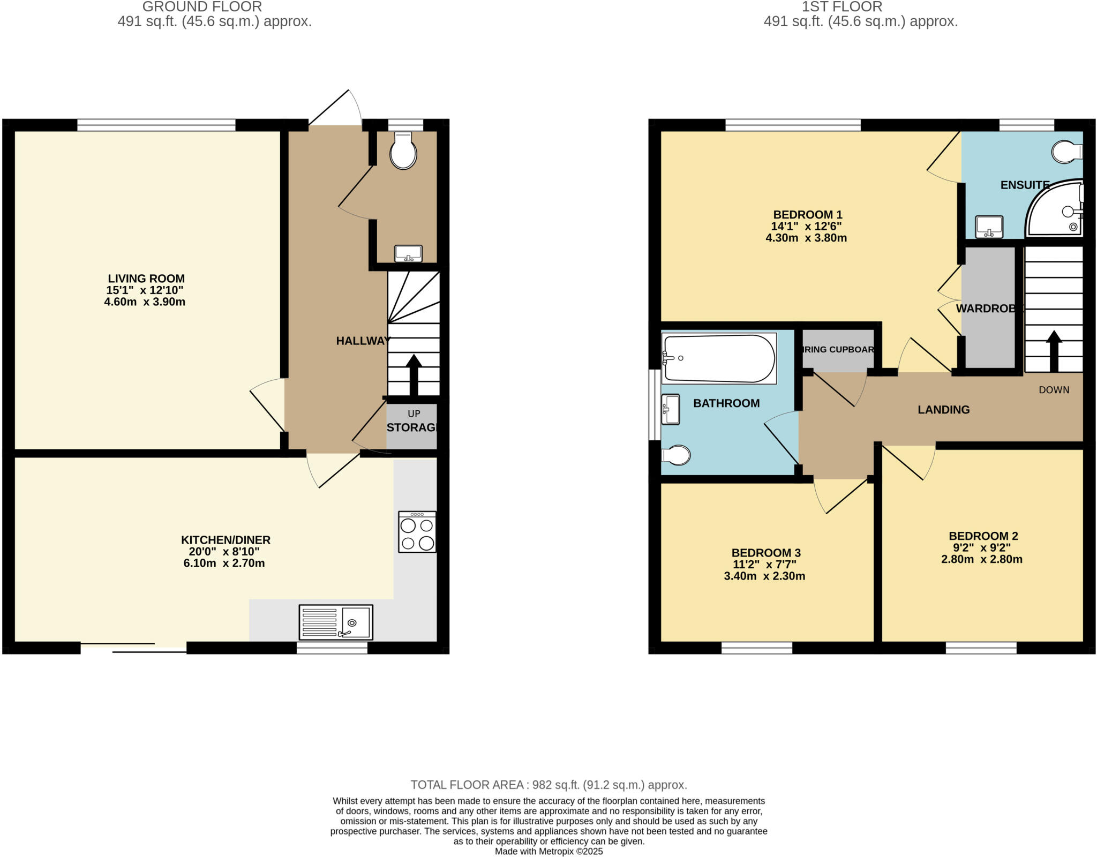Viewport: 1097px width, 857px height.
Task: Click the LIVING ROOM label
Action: pos(146,279)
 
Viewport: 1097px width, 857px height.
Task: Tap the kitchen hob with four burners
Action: pos(417,532)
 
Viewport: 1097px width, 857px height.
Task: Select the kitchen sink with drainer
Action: pos(336,622)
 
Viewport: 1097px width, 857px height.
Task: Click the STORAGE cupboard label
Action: pos(412,427)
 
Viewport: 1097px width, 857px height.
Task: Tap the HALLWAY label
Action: pos(363,341)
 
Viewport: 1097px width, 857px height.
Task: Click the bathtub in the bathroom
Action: pos(719,358)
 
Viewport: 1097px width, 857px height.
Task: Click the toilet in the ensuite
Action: pos(1066,152)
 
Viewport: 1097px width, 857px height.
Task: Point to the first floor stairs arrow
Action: pos(1054,351)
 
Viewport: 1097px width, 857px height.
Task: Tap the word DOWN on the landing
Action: pos(1054,390)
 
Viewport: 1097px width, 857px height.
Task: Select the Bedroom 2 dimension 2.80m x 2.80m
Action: pos(982,559)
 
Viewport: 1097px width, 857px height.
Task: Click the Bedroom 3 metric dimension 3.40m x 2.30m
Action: pos(764,576)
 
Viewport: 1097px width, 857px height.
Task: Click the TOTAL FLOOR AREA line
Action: pos(548,785)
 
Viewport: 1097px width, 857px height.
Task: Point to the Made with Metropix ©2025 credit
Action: pos(548,851)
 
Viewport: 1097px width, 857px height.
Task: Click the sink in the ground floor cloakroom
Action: pos(408,253)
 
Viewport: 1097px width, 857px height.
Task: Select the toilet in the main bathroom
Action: pos(676,455)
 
